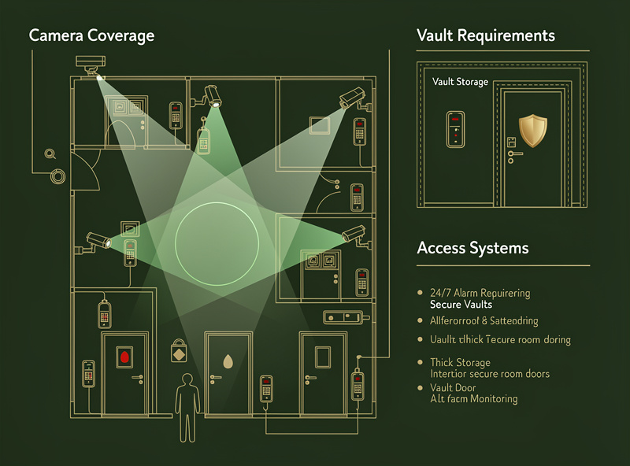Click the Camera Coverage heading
tap(91, 36)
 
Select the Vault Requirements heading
tap(485, 36)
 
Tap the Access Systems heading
tap(472, 248)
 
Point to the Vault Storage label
tap(460, 82)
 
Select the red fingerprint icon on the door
tap(123, 358)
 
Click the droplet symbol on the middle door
tap(228, 361)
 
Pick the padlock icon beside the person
tap(180, 351)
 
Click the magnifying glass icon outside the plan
tap(51, 155)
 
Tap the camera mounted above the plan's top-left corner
tap(91, 64)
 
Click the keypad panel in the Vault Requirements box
tap(455, 129)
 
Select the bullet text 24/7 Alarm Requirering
tap(480, 293)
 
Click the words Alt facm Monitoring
tap(473, 399)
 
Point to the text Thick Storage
tap(460, 363)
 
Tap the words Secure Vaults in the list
tap(461, 304)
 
